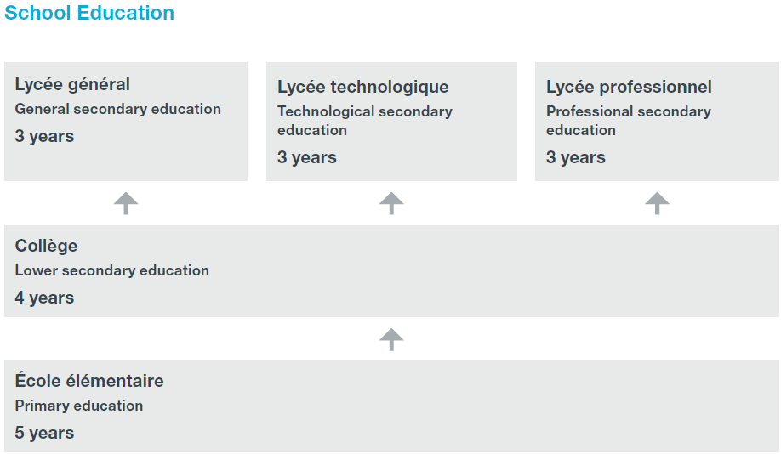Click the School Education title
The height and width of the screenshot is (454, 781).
pos(89,14)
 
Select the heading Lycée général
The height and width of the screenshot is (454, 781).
pos(72,84)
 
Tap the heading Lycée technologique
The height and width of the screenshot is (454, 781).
pos(362,87)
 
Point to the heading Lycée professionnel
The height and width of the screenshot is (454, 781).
pos(629,87)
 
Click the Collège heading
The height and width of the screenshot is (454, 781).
pos(46,246)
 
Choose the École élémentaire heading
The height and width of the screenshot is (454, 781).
pos(89,381)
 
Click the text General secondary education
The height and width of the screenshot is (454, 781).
pos(117,109)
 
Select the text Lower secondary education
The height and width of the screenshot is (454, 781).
pos(111,270)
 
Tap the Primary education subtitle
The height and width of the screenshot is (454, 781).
pos(79,406)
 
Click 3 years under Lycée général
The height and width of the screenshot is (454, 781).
pos(44,136)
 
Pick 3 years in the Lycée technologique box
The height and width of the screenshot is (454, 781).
pos(307,157)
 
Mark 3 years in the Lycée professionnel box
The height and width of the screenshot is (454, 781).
pos(576,157)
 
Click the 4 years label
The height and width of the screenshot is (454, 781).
pos(44,298)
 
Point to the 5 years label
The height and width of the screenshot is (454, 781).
pos(44,433)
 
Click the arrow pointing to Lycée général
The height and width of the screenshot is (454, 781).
pos(126,203)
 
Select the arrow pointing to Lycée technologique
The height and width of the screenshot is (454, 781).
pos(391,203)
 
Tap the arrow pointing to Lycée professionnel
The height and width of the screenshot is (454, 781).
pos(657,203)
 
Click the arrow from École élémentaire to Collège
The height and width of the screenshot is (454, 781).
pos(391,339)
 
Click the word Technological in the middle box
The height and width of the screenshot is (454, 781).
pos(322,111)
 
